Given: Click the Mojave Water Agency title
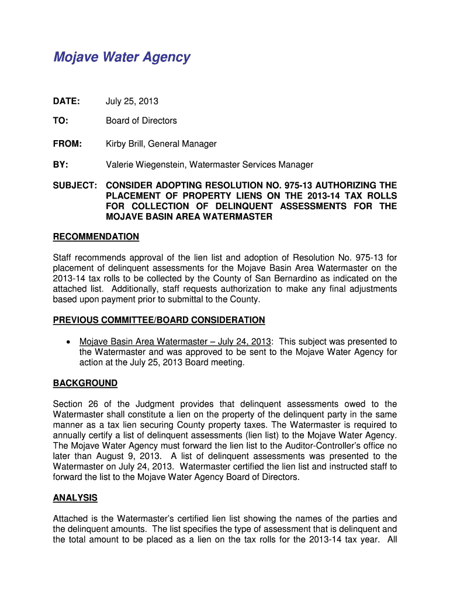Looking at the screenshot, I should (122, 57).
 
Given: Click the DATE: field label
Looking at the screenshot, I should (66, 102).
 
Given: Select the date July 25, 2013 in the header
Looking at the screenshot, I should (131, 102).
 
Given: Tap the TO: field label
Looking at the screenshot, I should (60, 121).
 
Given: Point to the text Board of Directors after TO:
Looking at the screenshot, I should (141, 121).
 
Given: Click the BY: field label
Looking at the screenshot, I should (60, 165).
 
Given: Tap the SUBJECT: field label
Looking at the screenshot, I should (75, 186).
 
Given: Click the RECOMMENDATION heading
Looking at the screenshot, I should (96, 237).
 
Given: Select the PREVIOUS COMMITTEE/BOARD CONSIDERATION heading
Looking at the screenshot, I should (159, 320).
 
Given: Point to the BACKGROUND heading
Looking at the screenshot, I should (85, 383).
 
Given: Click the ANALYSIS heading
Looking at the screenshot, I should (75, 498).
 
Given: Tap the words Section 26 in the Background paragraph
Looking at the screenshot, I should (72, 404).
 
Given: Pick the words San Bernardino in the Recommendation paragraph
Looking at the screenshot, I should (300, 279).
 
